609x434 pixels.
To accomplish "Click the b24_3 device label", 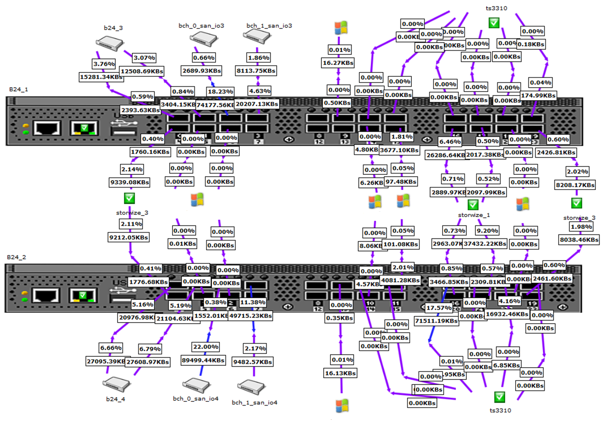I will (x=114, y=28).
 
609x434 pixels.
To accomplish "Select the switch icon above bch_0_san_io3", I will (x=200, y=42).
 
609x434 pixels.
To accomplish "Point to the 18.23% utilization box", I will (x=220, y=91).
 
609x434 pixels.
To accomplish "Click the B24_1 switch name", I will (x=18, y=89).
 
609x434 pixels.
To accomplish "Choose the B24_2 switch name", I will (x=17, y=257).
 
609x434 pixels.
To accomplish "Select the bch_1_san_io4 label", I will (x=255, y=403).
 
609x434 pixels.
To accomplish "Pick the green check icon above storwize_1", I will (x=473, y=205).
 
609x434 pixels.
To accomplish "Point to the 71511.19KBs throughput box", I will (x=436, y=321).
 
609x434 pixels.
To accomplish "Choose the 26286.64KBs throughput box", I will (x=446, y=154).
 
